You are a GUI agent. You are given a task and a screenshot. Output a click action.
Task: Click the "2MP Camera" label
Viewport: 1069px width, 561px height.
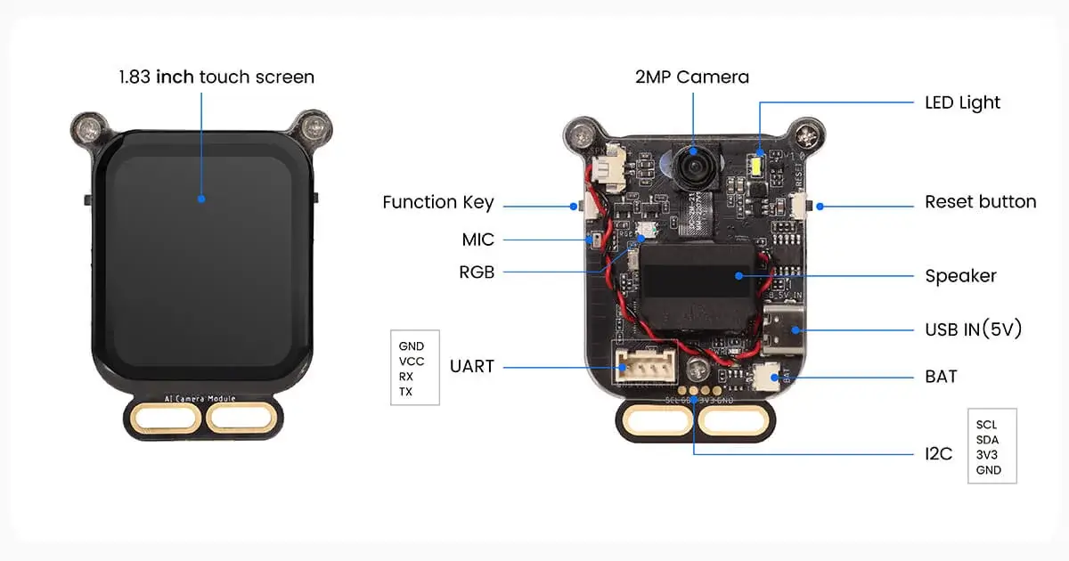[x=692, y=77]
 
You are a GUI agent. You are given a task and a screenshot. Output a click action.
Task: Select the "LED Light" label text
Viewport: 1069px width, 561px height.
[x=962, y=102]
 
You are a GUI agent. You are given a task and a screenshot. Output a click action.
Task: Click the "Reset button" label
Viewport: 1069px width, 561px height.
[x=980, y=202]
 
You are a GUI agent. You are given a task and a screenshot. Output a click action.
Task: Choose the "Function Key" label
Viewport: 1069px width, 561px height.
[x=437, y=203]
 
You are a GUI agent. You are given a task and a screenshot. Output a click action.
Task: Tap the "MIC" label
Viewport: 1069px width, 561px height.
[x=477, y=240]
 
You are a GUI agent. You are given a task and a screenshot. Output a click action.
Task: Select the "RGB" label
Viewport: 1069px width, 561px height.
[x=477, y=272]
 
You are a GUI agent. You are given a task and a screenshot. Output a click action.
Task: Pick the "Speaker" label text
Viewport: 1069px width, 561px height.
[x=960, y=276]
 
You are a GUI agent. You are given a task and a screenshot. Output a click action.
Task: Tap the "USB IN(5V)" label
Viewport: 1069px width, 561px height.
[x=973, y=329]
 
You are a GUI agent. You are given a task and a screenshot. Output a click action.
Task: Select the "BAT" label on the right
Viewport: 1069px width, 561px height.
[x=941, y=377]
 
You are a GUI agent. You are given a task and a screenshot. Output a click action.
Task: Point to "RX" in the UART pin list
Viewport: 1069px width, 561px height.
[x=406, y=377]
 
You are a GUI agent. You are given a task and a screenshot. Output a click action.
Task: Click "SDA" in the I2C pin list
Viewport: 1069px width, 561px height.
[x=987, y=440]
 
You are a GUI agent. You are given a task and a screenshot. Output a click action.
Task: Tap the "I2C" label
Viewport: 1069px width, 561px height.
[x=938, y=454]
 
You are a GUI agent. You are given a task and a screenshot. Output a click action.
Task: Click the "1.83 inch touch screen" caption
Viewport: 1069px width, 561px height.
[x=216, y=77]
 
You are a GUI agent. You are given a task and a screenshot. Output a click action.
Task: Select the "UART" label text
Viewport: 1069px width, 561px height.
[x=471, y=366]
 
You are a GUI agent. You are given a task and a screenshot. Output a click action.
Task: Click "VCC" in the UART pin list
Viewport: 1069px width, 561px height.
[x=412, y=362]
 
